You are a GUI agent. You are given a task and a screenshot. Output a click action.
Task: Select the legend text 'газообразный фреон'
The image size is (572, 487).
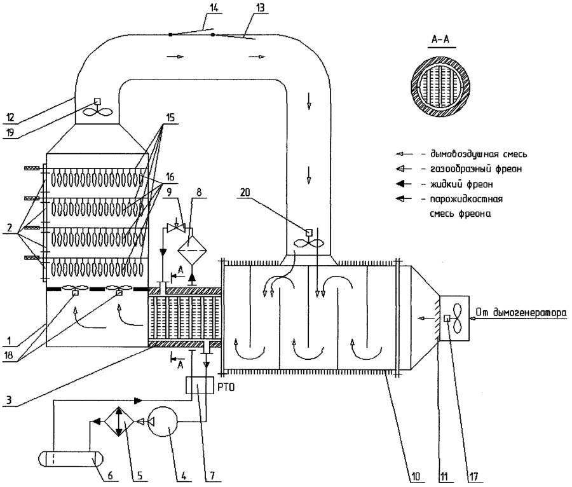point(460,168)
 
